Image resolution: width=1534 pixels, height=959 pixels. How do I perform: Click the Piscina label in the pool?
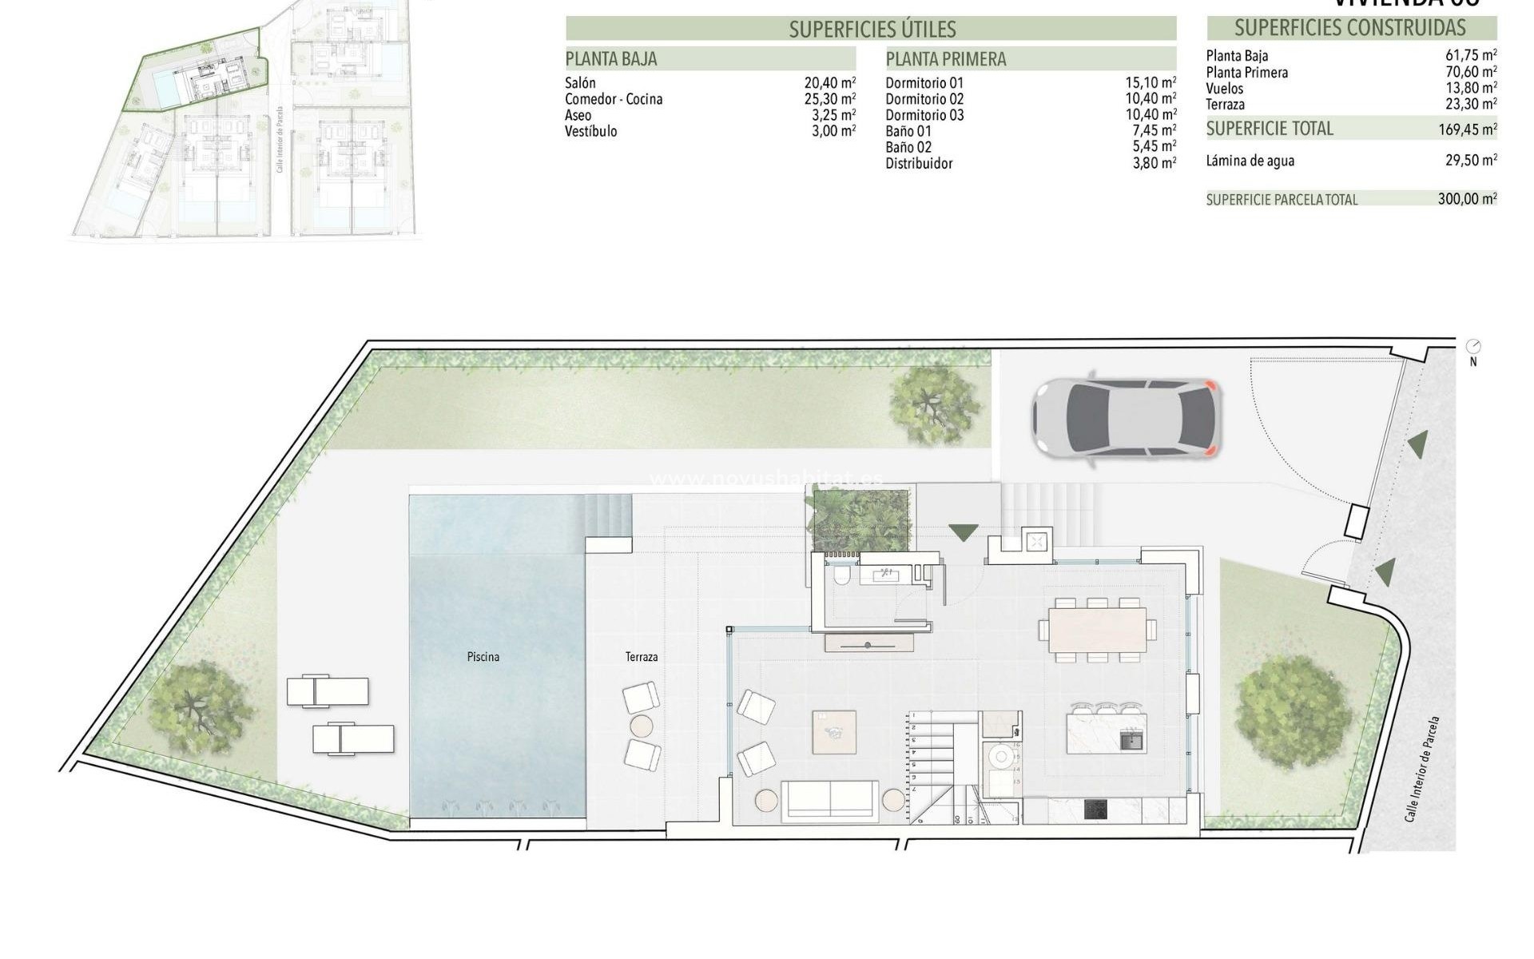point(483,657)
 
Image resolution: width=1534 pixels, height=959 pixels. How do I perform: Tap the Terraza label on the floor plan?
point(642,657)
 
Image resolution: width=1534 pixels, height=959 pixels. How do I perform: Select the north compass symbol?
point(1473,347)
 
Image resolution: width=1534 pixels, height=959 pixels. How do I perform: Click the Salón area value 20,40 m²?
point(830,82)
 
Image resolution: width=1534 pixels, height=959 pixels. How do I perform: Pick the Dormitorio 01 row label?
point(924,82)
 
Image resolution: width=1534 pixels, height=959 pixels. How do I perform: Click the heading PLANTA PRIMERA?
point(946,59)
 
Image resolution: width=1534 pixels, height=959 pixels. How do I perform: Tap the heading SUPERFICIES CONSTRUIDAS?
point(1349,28)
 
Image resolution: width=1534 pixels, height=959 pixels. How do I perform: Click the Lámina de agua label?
point(1250,161)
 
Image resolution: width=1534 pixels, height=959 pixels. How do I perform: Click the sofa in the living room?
point(830,801)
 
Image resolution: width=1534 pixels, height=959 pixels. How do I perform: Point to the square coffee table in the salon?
point(834,732)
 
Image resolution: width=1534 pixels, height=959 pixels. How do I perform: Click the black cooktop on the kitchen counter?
point(1096,810)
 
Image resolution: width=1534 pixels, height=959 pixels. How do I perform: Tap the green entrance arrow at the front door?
point(964,531)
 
